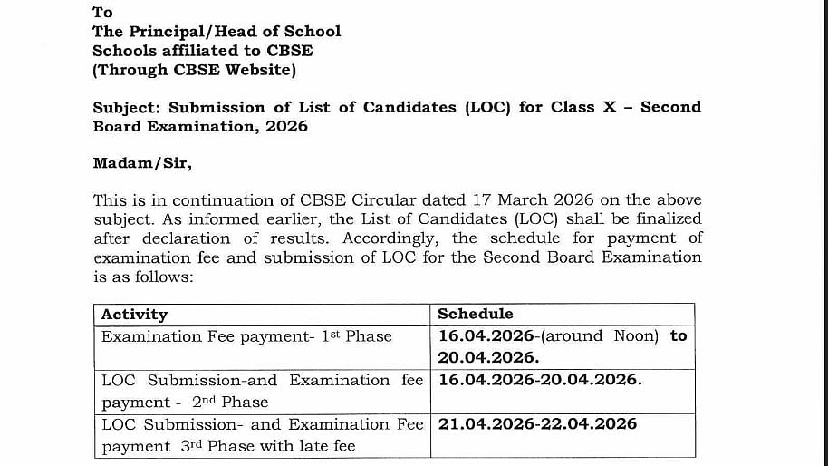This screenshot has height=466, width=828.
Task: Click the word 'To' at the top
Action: tap(102, 12)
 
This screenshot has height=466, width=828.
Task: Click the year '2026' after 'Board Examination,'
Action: tap(286, 126)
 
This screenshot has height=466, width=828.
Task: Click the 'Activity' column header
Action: tap(134, 315)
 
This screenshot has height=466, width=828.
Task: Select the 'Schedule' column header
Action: tap(475, 314)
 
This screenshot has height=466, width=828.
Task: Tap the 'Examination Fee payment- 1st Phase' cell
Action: tap(246, 336)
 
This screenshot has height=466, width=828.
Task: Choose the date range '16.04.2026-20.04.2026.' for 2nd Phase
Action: tap(540, 380)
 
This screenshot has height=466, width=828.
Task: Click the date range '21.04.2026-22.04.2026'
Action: tap(537, 423)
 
